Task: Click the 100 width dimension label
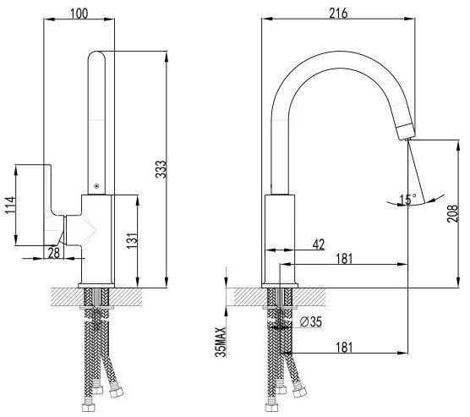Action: coord(79,14)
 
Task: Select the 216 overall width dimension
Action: coord(338,14)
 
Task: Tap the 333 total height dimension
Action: coord(161,169)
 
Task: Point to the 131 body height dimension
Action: coord(132,240)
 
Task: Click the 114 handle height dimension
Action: coord(10,206)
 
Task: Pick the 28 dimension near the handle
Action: coord(54,253)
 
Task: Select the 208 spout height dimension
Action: coord(452,213)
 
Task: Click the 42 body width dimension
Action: coord(319,244)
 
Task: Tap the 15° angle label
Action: coord(408,200)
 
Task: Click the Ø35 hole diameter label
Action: coord(311,322)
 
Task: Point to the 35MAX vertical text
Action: coord(221,342)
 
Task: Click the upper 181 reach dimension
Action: coord(344,259)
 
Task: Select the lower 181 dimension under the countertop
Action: coord(344,348)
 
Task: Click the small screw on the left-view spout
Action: coord(96,186)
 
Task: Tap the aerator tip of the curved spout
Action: coord(405,132)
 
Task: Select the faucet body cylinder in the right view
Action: coord(280,239)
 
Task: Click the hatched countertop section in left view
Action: coord(96,297)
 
